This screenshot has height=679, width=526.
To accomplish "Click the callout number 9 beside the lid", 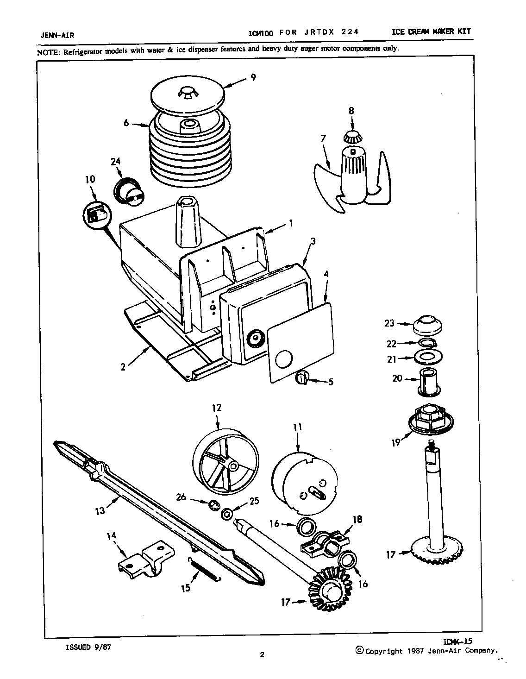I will pyautogui.click(x=253, y=77).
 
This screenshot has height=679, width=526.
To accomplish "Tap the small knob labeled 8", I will pyautogui.click(x=353, y=137).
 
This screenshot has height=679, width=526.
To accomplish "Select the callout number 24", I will pyautogui.click(x=116, y=162).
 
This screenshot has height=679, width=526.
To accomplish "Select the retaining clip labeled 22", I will pyautogui.click(x=428, y=343).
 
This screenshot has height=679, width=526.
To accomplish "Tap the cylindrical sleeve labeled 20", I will pyautogui.click(x=429, y=381).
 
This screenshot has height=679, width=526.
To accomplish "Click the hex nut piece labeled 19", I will pyautogui.click(x=431, y=417).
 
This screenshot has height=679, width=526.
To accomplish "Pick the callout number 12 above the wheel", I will pyautogui.click(x=217, y=408).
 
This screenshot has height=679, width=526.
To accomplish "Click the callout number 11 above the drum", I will pyautogui.click(x=297, y=428).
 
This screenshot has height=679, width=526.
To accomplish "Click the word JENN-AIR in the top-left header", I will pyautogui.click(x=55, y=35).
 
